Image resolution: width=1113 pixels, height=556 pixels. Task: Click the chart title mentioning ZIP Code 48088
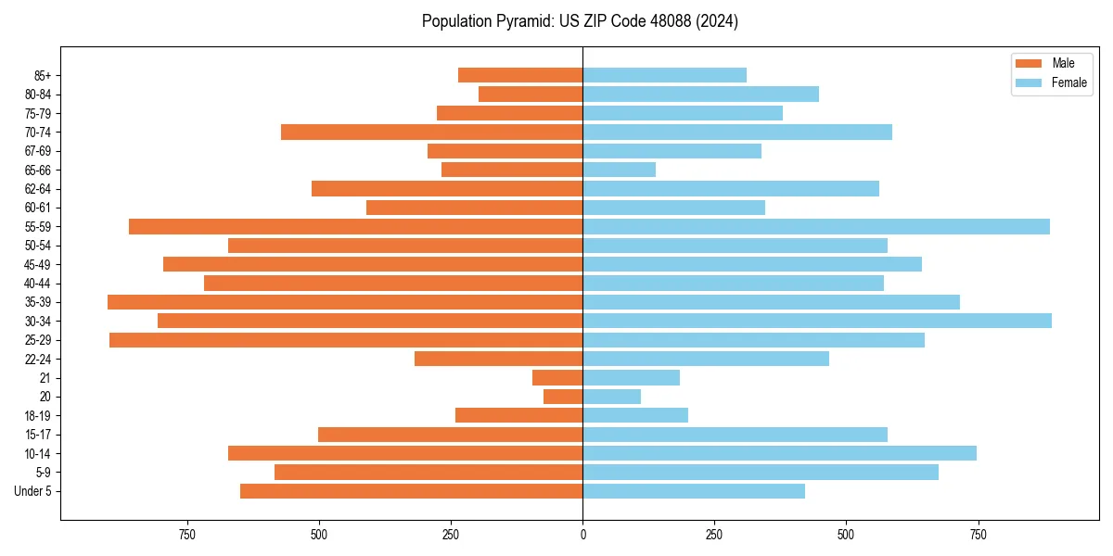point(580,21)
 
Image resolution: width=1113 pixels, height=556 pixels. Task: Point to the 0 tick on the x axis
point(582,535)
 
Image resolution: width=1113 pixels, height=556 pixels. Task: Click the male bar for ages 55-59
point(355,226)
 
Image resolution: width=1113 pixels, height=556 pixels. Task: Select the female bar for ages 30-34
point(816,321)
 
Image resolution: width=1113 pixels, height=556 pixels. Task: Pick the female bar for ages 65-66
point(619,170)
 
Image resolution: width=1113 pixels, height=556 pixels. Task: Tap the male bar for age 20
point(563,397)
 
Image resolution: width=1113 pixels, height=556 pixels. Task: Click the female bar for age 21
point(631,377)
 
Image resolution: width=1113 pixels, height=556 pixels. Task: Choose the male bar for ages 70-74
point(431,132)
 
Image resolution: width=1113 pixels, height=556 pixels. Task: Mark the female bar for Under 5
point(694,491)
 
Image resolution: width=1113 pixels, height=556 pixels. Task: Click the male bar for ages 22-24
point(498,359)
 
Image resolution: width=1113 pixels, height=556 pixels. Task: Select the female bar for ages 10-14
point(779,453)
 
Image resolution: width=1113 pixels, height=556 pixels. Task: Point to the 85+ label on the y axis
point(42,75)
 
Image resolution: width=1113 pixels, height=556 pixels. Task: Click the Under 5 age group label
point(32,491)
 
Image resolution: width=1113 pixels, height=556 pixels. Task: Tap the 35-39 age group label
point(38,302)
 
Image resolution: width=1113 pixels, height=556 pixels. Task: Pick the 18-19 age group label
point(38,415)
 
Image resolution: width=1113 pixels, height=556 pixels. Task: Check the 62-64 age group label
point(38,188)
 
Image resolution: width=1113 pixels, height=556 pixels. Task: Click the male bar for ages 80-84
point(531,94)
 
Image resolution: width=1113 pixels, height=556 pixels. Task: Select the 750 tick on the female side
point(978,535)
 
